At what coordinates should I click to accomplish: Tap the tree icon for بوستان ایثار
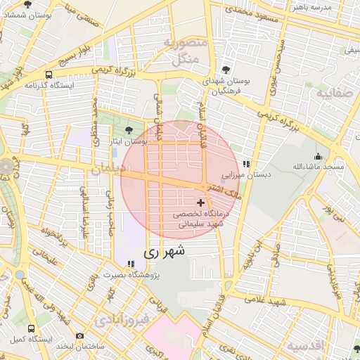(129, 130)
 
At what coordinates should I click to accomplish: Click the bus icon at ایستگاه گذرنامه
(49, 75)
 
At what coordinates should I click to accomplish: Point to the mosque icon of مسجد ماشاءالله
(318, 156)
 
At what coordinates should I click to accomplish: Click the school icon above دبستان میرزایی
(245, 164)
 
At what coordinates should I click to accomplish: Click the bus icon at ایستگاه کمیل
(31, 328)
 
